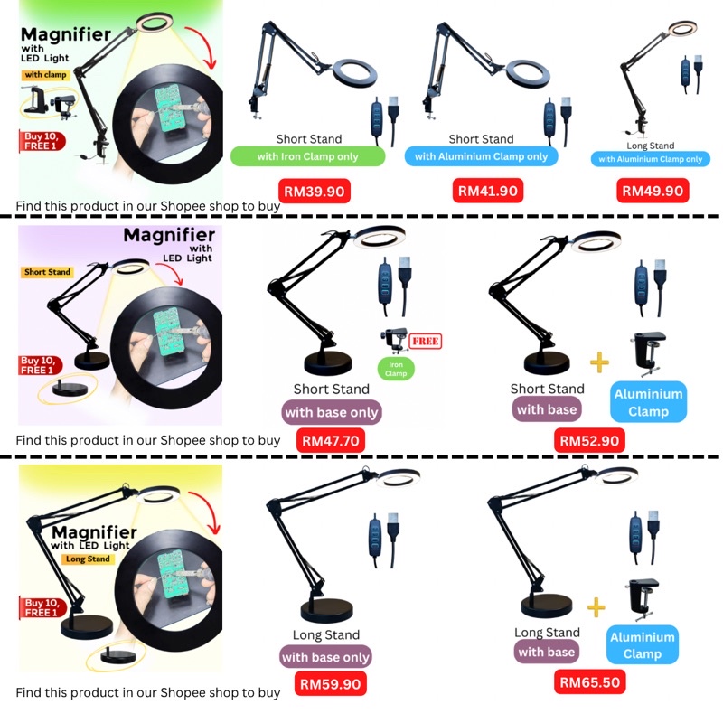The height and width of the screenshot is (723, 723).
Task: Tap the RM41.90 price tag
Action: pos(487,191)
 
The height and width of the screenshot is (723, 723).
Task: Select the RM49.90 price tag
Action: pos(653,191)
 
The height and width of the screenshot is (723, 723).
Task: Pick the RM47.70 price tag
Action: pos(331,441)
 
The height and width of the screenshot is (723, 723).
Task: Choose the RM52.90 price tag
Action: pos(590,440)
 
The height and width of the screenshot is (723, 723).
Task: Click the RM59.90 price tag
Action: pos(331,684)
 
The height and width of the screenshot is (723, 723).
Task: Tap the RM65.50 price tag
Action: pos(590,682)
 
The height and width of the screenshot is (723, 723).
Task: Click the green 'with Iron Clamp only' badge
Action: pos(308,156)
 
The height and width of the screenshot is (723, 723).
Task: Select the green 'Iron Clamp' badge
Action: pos(395,368)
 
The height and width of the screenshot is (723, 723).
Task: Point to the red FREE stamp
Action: pos(424,342)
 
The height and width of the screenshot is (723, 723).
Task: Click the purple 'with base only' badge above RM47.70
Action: pos(332,413)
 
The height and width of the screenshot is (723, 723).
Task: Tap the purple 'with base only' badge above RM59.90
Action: pos(326,657)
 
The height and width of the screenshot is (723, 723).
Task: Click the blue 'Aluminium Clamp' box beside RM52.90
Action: pos(648,402)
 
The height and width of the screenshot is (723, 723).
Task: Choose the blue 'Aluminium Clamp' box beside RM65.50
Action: pos(643,645)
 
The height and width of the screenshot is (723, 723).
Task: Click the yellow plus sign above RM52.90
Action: pos(596,363)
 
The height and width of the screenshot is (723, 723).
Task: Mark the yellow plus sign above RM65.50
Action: pos(596,606)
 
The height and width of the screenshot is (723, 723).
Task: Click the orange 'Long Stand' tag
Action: pos(88,559)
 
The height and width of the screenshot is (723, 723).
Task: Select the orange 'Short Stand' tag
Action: pos(48,272)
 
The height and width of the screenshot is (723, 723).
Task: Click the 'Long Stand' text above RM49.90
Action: pos(650,146)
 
